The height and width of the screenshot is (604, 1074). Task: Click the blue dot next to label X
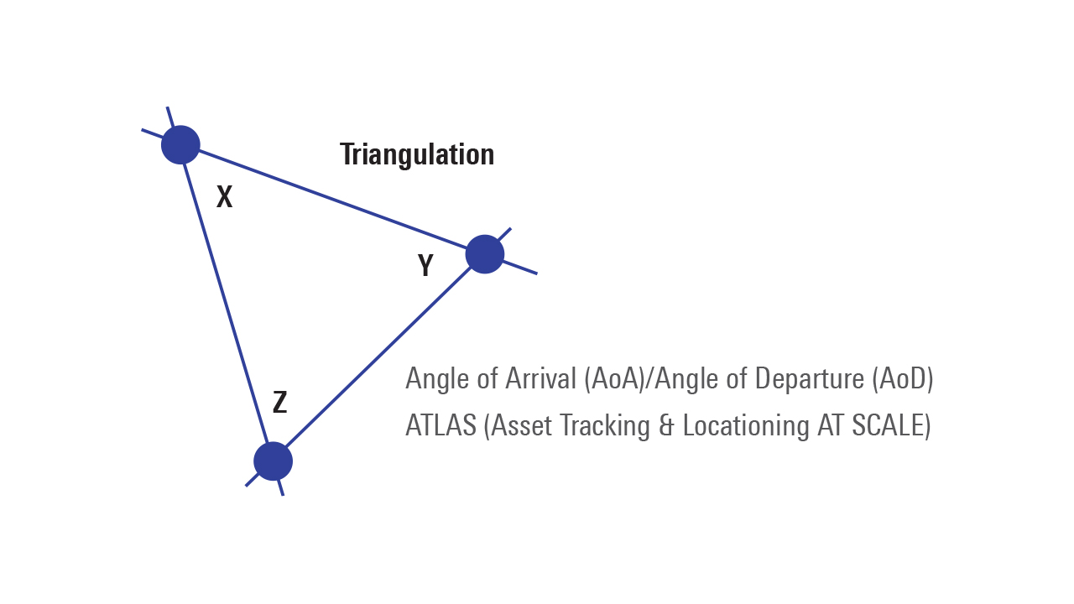[180, 144]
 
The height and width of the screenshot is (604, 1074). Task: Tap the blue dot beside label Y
[485, 254]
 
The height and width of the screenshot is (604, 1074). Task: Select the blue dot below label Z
[273, 461]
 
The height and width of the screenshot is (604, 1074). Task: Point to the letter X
[224, 197]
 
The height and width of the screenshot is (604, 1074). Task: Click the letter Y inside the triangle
[425, 266]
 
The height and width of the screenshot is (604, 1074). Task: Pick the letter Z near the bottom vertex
[280, 403]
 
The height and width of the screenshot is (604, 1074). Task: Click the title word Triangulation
[417, 154]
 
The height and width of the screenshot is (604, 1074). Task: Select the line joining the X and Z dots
[227, 303]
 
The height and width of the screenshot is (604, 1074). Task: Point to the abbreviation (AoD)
[903, 378]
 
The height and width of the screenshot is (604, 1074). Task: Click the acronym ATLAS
[441, 425]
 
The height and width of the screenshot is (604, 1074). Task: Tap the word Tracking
[604, 425]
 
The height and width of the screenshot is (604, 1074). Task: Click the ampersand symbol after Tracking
[667, 425]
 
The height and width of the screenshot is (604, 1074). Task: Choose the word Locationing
[747, 425]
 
